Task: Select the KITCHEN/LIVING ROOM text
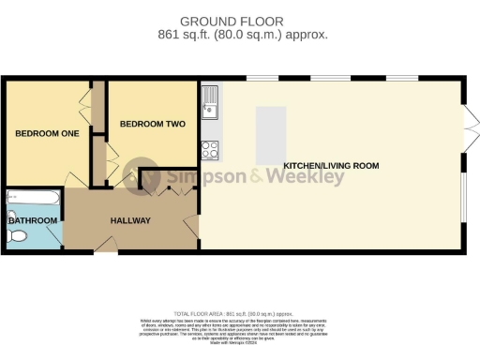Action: (x=331, y=166)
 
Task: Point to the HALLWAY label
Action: (x=130, y=220)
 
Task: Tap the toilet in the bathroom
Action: (x=16, y=238)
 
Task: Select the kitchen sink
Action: (x=209, y=102)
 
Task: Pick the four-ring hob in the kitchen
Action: (x=209, y=148)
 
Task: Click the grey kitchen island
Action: (x=271, y=132)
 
